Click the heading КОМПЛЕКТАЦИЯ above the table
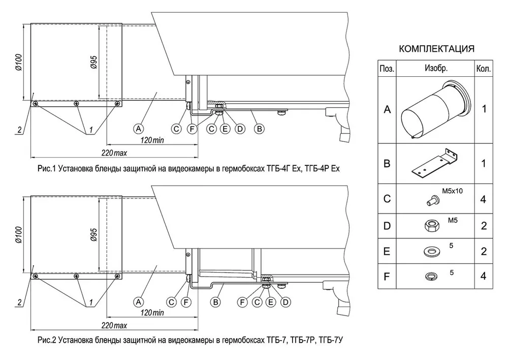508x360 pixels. [436, 49]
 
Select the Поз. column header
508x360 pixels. [387, 69]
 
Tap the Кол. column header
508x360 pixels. [484, 69]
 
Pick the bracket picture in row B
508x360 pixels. [435, 164]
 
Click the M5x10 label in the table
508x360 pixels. [452, 191]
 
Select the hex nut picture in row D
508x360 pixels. [431, 225]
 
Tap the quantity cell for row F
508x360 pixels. [484, 276]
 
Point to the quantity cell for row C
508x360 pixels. [484, 199]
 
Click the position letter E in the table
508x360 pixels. [387, 251]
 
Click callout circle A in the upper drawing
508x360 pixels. [139, 129]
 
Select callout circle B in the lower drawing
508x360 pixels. [215, 302]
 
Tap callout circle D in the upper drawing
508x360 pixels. [240, 129]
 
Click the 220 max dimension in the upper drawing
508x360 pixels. [114, 153]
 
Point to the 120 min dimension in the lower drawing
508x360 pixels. [152, 313]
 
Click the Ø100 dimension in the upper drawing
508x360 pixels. [19, 63]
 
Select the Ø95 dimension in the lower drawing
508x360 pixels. [93, 235]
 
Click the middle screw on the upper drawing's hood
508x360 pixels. [76, 103]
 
